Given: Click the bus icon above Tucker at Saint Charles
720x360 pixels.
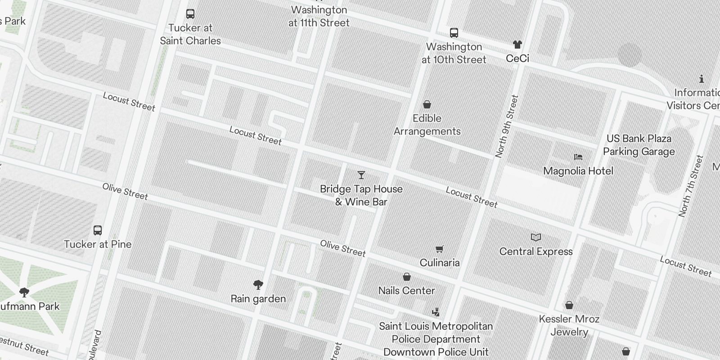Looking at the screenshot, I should (x=190, y=14).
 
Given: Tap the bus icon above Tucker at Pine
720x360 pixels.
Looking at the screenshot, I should (x=98, y=230).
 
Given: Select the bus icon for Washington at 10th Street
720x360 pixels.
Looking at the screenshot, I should (x=454, y=33).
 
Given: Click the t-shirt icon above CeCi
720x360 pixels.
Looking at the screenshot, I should (x=517, y=45).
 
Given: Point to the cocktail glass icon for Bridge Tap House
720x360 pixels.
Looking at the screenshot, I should (x=361, y=175).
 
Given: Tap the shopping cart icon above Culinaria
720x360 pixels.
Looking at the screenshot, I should (x=440, y=249).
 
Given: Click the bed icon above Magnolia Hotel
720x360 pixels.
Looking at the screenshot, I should (x=578, y=157).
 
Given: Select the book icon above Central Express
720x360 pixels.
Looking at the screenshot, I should (x=536, y=238).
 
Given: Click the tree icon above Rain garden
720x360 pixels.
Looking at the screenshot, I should (x=258, y=284).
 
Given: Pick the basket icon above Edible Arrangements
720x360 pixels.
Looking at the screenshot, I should (x=427, y=104).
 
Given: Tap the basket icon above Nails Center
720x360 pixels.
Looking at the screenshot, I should (x=407, y=277).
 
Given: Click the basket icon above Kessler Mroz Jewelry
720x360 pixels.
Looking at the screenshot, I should (x=569, y=306).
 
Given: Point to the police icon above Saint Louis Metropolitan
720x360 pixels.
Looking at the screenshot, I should (x=436, y=312).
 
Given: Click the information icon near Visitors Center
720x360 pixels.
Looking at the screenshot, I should (x=702, y=79).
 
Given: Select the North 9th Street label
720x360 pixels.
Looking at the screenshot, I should (x=507, y=126).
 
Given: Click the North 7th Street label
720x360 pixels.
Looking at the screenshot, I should (x=691, y=186).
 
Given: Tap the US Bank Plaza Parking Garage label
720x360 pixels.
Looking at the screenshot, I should (x=639, y=145).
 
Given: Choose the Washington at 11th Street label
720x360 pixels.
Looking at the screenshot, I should (x=319, y=16).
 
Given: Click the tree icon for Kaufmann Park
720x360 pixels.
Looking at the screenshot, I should (x=24, y=292).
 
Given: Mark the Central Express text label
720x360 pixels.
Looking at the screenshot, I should (x=536, y=252).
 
